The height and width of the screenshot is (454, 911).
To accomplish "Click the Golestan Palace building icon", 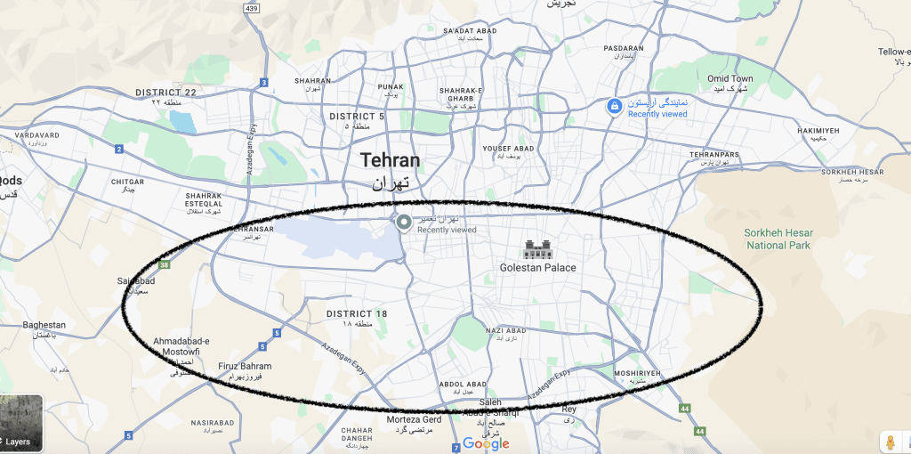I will pyautogui.click(x=537, y=249).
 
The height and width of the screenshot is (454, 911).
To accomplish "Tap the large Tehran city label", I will pyautogui.click(x=390, y=161).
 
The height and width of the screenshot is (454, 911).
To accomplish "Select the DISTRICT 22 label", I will pyautogui.click(x=165, y=93).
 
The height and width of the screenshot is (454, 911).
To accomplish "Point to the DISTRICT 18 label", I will pyautogui.click(x=357, y=314).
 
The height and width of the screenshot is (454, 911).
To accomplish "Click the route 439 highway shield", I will pyautogui.click(x=252, y=9).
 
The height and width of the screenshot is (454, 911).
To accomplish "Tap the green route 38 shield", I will pyautogui.click(x=165, y=264).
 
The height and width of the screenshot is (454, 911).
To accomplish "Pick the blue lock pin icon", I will pyautogui.click(x=614, y=107).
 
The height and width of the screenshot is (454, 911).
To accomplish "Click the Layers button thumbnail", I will pyautogui.click(x=21, y=423).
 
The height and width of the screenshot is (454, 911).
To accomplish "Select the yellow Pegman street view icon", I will pyautogui.click(x=890, y=442).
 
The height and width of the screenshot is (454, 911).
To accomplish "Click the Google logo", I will pyautogui.click(x=486, y=443).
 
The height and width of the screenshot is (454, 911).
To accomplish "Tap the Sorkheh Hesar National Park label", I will pyautogui.click(x=778, y=239).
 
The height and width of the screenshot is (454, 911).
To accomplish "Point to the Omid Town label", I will pyautogui.click(x=730, y=79).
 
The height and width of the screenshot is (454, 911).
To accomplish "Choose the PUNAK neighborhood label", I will pyautogui.click(x=391, y=87).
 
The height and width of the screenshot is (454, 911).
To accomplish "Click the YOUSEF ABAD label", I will pyautogui.click(x=508, y=148).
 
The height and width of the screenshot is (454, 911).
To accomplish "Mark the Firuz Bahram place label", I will pyautogui.click(x=245, y=366).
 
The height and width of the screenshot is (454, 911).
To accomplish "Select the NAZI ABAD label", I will pyautogui.click(x=506, y=331).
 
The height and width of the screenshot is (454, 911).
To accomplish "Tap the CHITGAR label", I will pyautogui.click(x=127, y=182).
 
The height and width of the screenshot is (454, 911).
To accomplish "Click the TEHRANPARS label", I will pyautogui.click(x=714, y=155).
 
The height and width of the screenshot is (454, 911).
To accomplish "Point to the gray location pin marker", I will pyautogui.click(x=404, y=222).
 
